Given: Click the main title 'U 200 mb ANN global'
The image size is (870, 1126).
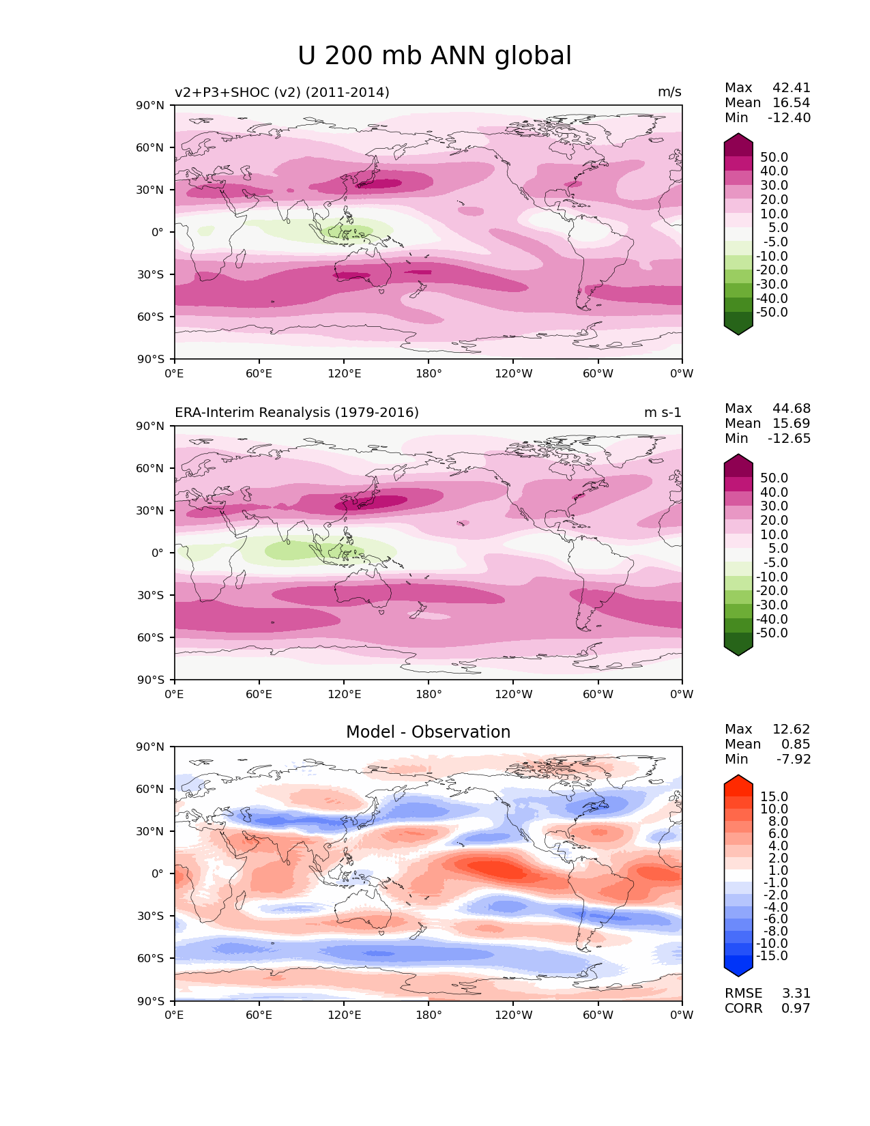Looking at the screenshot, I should point(435,56).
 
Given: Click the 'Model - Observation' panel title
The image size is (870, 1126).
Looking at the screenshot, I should point(428,732).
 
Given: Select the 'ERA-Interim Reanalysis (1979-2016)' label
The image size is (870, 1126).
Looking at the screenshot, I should point(297,413).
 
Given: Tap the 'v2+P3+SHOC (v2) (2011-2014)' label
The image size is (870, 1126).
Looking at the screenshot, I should point(282,93).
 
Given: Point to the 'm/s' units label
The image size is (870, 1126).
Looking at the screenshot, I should point(669,93).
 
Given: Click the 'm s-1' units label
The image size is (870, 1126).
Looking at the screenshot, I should point(663,413).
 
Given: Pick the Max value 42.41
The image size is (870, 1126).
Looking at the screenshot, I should point(792,88).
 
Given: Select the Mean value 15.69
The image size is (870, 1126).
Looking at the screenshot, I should point(792,424).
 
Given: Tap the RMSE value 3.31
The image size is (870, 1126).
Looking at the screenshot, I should point(796,994).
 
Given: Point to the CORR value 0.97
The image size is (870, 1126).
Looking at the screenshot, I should point(796,1009).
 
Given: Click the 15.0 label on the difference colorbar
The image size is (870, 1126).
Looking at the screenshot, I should point(774,797).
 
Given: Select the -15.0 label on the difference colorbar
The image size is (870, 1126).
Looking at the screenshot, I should point(772,956).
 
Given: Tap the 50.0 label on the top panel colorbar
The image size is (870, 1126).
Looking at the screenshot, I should point(774,158).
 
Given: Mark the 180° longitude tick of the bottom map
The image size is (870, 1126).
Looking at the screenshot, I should point(429,1015).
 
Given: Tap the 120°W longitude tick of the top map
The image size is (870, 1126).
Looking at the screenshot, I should point(513,373).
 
